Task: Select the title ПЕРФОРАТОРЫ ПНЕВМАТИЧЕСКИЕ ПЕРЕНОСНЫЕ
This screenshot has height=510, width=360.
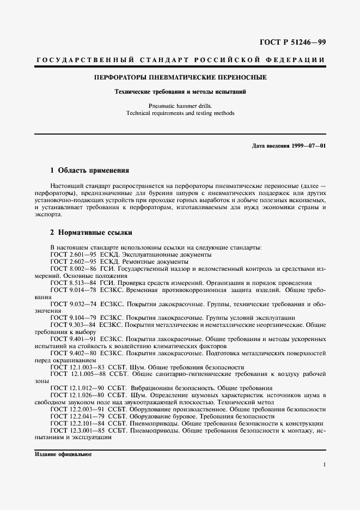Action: click(x=180, y=77)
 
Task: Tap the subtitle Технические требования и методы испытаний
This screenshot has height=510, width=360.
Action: click(x=180, y=92)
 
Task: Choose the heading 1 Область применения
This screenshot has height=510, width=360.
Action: click(x=89, y=170)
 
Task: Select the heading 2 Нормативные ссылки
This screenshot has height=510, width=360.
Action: click(x=89, y=233)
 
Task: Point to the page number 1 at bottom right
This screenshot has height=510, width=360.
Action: click(x=324, y=464)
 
